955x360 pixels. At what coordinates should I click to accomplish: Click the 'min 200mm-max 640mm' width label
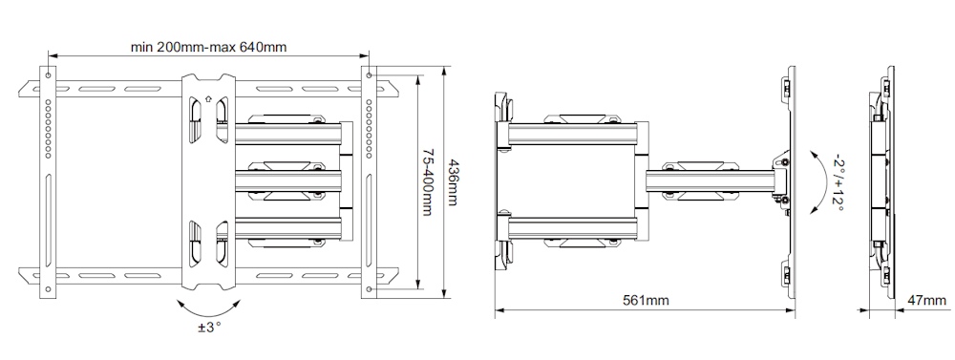click(209, 47)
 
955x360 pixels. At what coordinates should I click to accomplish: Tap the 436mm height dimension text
click(452, 182)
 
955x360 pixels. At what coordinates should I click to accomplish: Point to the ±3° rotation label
click(209, 328)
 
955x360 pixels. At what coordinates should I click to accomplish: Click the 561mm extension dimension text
click(646, 300)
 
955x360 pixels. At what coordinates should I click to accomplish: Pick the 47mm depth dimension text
click(927, 300)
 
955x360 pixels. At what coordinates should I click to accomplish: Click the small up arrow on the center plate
click(209, 97)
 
